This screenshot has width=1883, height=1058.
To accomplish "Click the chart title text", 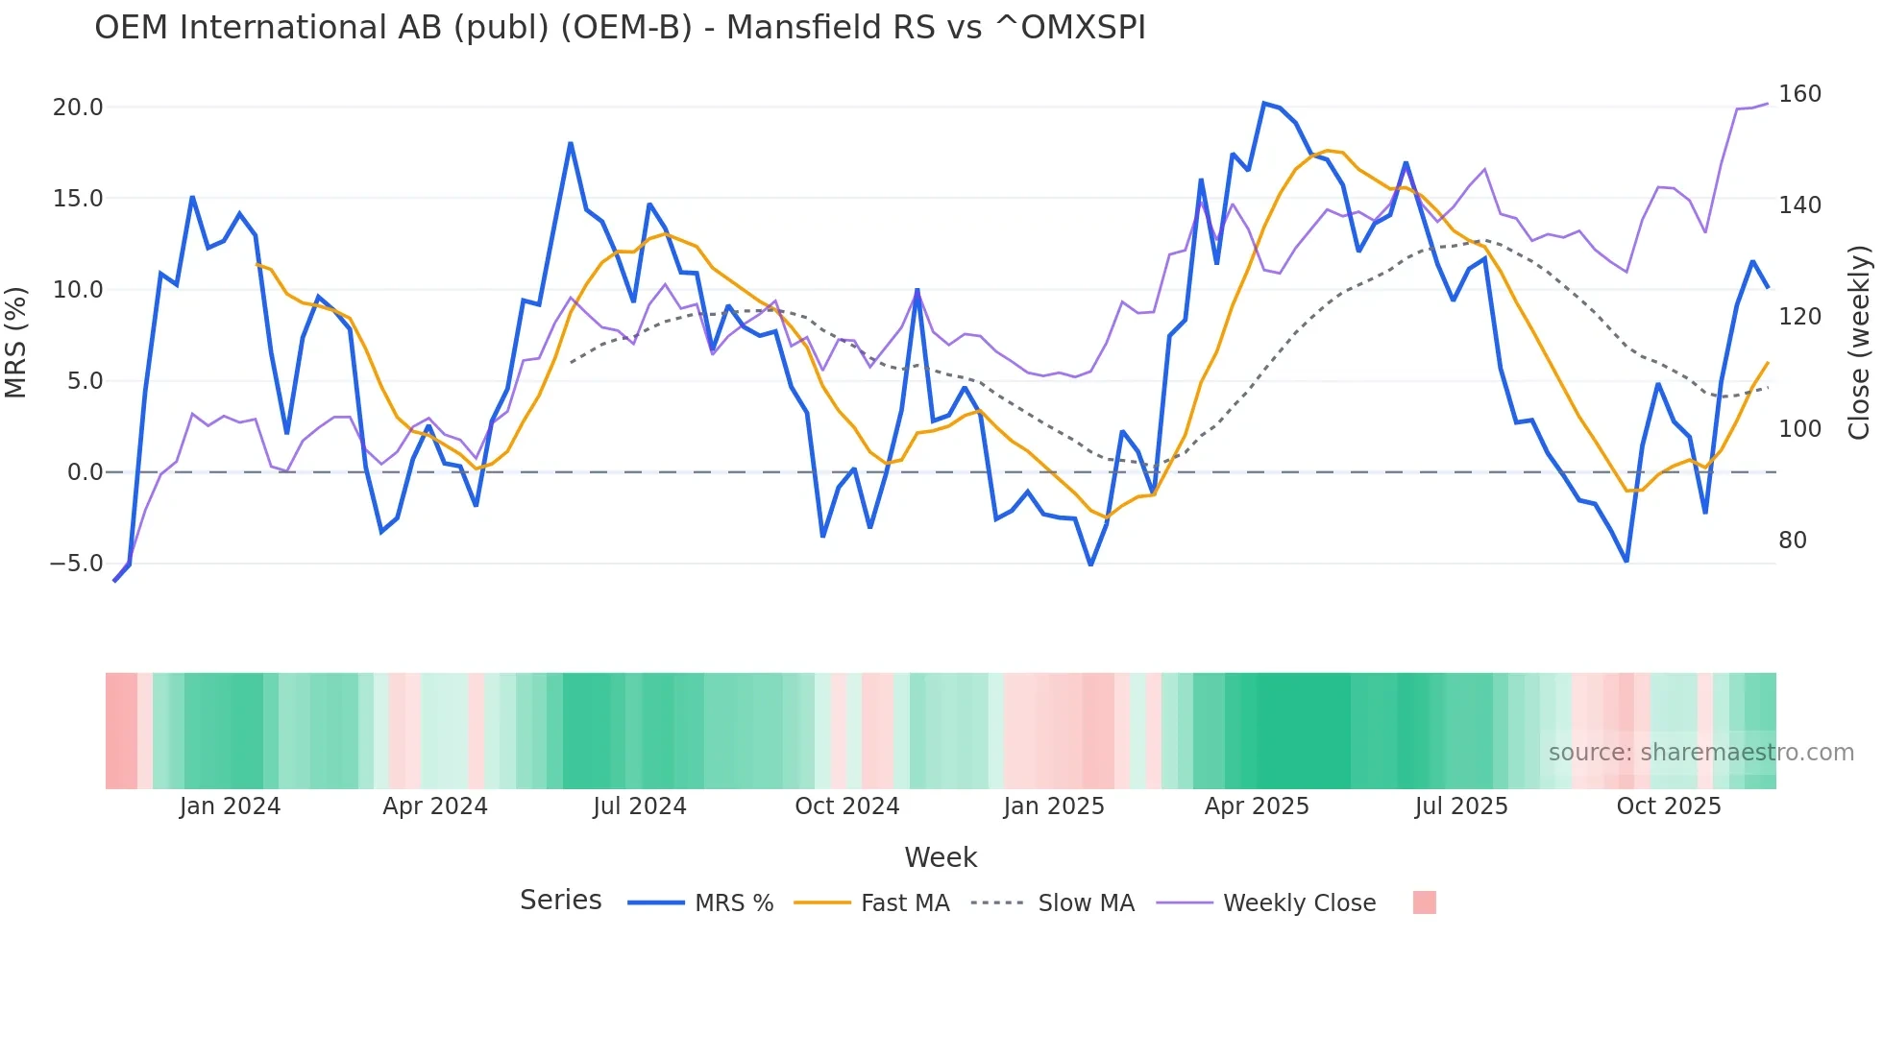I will tap(620, 28).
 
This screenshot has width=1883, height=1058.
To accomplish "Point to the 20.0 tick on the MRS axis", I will tap(78, 108).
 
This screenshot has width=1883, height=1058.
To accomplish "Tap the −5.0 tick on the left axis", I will tap(76, 564).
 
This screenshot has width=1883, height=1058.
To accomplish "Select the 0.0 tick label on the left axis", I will tap(85, 472).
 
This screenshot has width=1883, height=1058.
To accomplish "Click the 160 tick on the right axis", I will tap(1799, 94).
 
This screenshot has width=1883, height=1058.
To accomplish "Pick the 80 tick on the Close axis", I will tap(1792, 541).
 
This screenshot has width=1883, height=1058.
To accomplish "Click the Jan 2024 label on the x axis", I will tap(230, 806).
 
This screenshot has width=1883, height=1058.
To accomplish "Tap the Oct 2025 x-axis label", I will tap(1668, 806).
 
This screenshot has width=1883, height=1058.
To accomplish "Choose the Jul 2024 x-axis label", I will tap(639, 806).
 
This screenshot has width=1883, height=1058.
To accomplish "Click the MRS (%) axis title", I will tap(16, 342).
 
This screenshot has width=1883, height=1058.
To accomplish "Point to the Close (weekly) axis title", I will tap(1859, 342).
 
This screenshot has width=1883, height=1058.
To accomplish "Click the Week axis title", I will tap(941, 857).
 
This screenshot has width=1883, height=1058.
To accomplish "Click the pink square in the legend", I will tap(1424, 902).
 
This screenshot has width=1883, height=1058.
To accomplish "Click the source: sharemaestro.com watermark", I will tap(1700, 753).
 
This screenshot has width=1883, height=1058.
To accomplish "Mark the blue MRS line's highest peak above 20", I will tap(1264, 103).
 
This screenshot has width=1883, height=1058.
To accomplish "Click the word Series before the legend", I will tap(560, 901).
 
